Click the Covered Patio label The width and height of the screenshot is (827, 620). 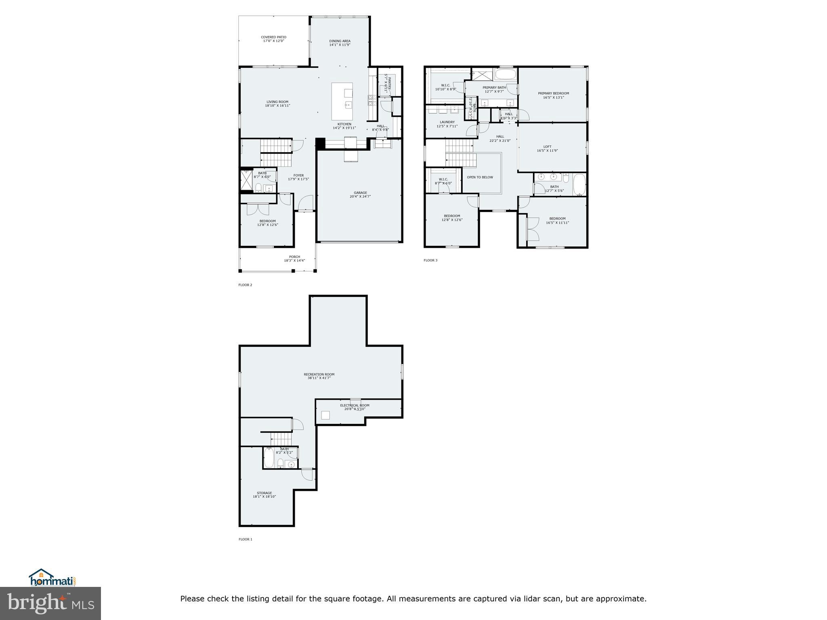tap(273, 37)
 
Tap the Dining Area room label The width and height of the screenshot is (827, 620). tap(340, 41)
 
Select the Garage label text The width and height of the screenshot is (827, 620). tap(360, 193)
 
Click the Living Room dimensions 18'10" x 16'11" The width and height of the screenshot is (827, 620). tap(277, 106)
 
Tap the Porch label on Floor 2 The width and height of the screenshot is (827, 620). tap(294, 257)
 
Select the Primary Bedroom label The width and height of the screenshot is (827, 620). tap(553, 93)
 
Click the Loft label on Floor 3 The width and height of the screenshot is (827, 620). tap(547, 147)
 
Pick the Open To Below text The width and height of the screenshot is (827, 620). tap(480, 177)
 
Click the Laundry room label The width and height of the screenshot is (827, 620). tap(447, 122)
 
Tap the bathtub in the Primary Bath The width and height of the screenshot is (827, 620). tap(505, 74)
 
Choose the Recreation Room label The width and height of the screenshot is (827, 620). tap(319, 374)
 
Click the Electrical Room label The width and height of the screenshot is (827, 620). tap(355, 405)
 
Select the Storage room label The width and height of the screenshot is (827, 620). tap(264, 493)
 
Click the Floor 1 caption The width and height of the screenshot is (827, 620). tap(245, 539)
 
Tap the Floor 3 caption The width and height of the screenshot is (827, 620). tap(430, 260)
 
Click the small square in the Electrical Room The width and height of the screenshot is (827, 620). tap(325, 415)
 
